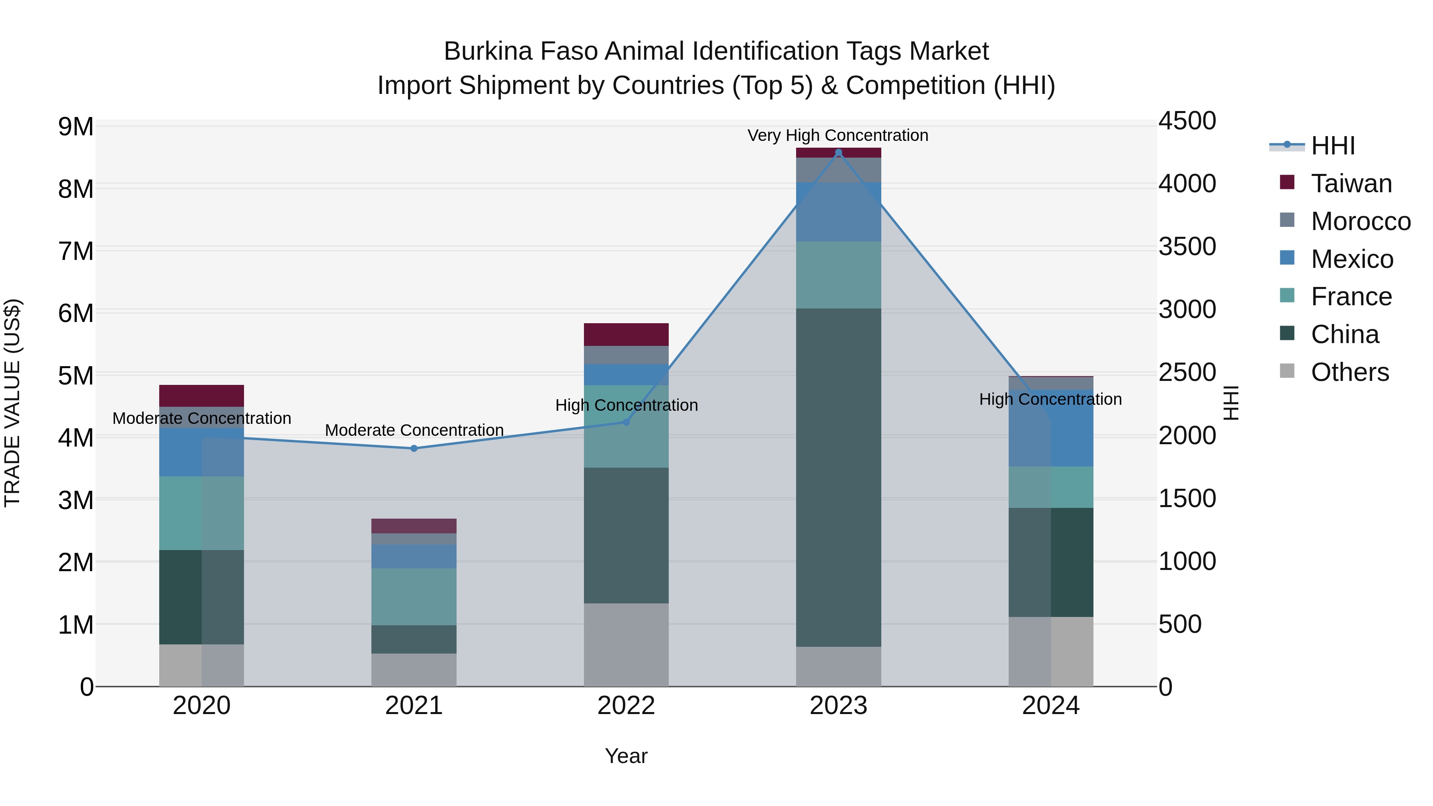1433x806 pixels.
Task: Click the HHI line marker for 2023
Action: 838,152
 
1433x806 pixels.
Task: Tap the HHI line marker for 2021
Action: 414,448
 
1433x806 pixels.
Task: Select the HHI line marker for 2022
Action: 626,422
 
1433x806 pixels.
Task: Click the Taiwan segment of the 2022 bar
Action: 626,334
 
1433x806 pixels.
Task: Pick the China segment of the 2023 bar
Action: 838,477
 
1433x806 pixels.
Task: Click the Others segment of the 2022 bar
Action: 626,645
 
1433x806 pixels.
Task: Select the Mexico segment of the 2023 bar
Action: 838,212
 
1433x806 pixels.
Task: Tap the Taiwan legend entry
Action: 1351,183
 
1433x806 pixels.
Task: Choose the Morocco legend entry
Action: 1360,221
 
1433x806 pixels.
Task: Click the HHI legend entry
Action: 1332,146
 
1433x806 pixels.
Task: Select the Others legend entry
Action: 1349,372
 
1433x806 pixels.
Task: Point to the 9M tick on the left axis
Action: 76,127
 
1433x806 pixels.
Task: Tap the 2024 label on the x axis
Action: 1050,706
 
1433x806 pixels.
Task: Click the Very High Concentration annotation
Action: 838,135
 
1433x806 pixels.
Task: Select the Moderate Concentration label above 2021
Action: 414,430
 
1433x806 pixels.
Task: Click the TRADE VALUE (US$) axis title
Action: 12,403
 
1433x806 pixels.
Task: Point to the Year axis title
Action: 626,756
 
